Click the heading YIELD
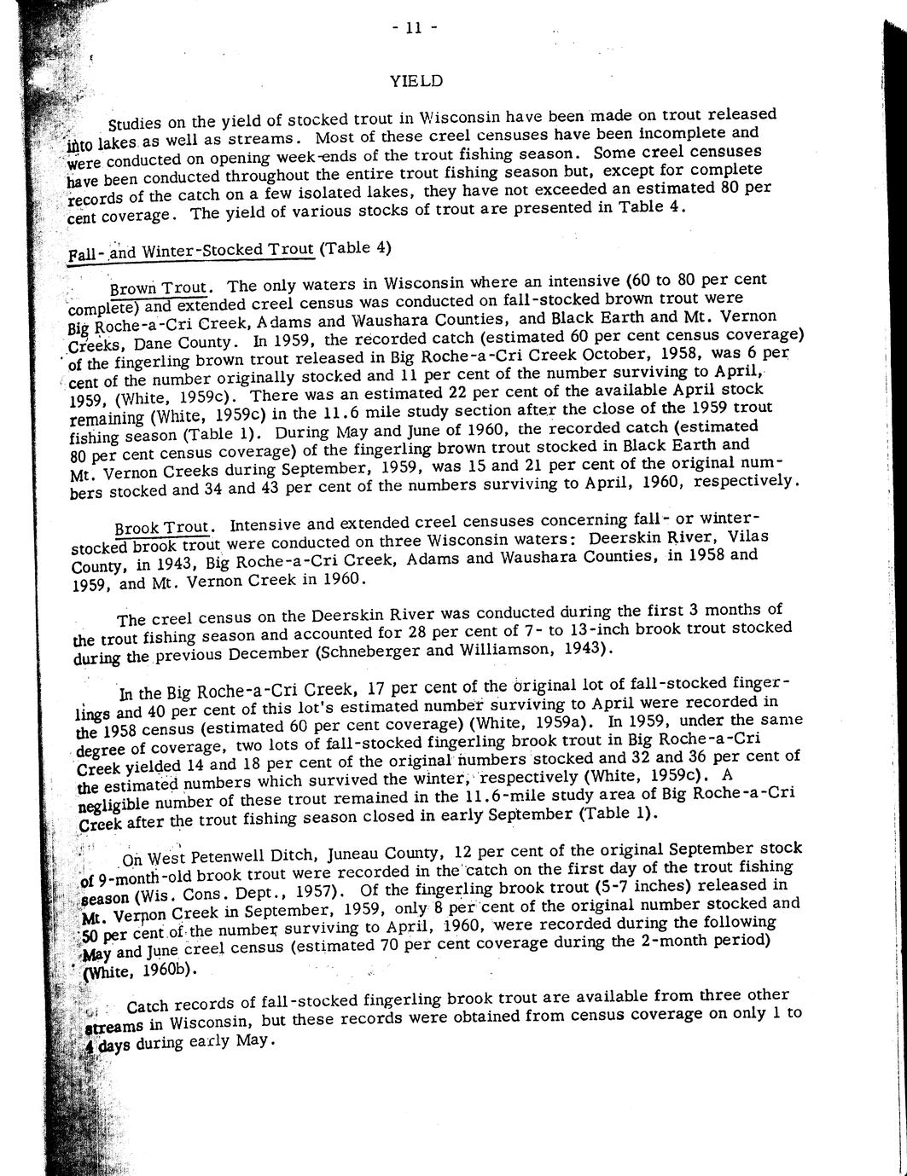coord(416,80)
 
